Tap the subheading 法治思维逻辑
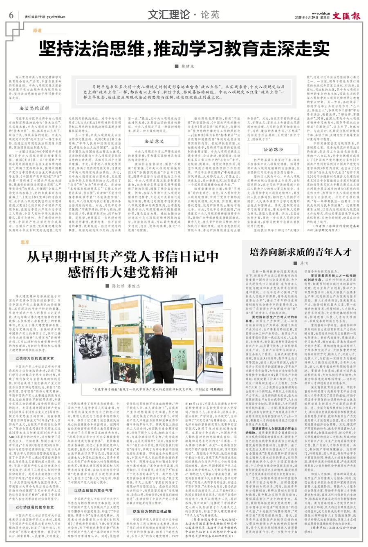point(34,109)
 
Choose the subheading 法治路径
point(274,150)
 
